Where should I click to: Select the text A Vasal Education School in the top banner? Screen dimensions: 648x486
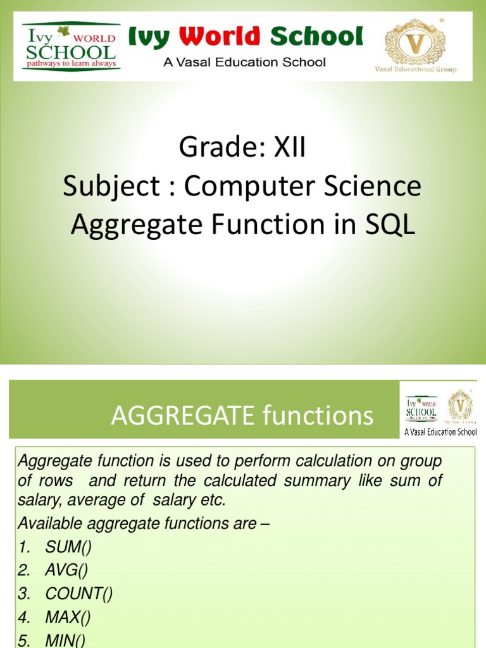(244, 62)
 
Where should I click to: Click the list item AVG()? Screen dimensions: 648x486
(66, 570)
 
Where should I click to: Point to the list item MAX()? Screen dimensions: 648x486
(68, 617)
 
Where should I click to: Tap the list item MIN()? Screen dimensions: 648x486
(65, 640)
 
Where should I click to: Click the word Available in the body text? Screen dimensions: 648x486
(47, 523)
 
